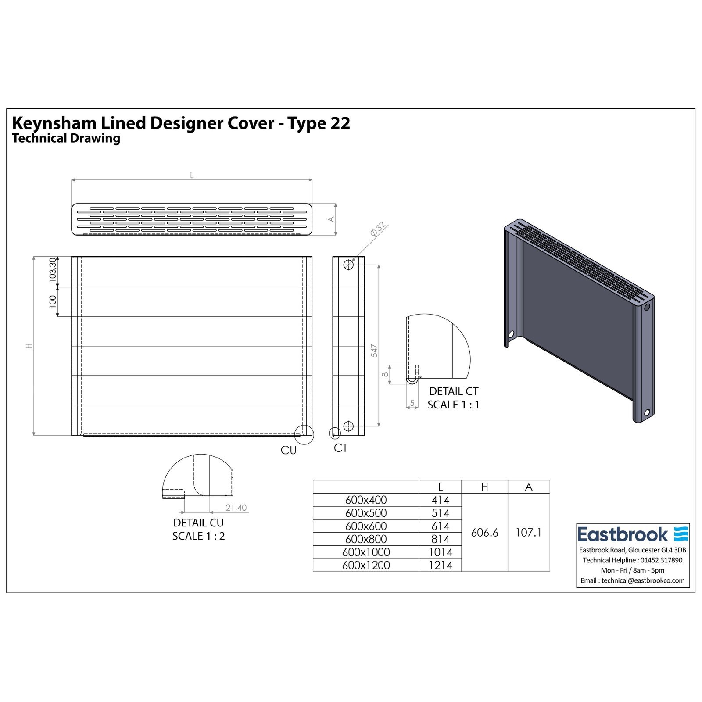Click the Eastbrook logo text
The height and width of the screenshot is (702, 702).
click(x=623, y=534)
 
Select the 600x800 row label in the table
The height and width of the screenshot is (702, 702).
click(x=366, y=539)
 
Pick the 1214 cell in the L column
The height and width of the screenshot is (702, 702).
click(x=440, y=565)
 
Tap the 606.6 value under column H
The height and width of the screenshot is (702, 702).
click(x=484, y=533)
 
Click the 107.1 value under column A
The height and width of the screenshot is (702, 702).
click(x=528, y=533)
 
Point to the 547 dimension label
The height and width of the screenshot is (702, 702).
click(x=374, y=350)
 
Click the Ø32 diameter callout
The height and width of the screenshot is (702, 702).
click(x=377, y=229)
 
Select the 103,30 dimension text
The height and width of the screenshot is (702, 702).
click(x=53, y=269)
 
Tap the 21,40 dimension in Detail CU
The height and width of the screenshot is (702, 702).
click(x=236, y=508)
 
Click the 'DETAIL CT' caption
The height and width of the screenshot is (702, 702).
click(x=454, y=391)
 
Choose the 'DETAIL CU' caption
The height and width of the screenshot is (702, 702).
click(x=198, y=523)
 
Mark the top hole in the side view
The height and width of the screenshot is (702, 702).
click(x=348, y=265)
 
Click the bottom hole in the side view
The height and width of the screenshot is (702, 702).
click(x=348, y=426)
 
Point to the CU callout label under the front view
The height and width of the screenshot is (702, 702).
click(x=289, y=450)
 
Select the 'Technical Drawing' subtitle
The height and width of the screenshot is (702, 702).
click(x=66, y=138)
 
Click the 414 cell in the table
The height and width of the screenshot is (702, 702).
click(x=440, y=500)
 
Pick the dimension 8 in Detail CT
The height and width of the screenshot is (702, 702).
click(x=385, y=374)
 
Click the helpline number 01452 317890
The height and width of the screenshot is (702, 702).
click(x=661, y=560)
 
